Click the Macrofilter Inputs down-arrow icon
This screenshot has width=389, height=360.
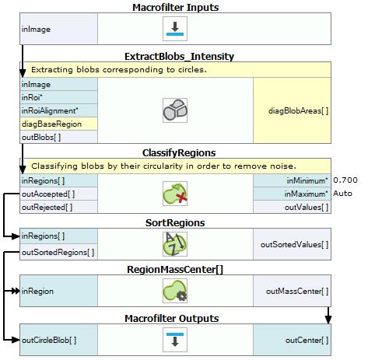coord(175,29)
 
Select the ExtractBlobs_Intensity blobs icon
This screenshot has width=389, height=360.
coord(175,110)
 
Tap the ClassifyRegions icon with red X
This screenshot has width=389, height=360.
coord(175,194)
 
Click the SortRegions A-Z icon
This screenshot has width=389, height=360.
coord(175,244)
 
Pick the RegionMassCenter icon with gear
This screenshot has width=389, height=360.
coord(175,291)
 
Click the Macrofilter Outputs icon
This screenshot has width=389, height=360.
coord(175,340)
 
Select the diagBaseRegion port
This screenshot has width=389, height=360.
coord(51,124)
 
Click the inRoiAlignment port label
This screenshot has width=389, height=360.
coord(50,110)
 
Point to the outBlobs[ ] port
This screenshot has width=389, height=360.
coord(41,137)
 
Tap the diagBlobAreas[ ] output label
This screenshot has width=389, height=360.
coord(298,111)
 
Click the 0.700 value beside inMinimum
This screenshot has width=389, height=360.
coord(345,180)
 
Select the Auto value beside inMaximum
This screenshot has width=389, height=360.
coord(342,194)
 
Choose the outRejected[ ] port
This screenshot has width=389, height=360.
coord(47,208)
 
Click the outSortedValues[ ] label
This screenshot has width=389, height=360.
coord(294,244)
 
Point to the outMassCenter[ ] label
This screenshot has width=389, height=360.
coord(297,292)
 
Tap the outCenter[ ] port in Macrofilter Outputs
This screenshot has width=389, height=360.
coord(307,340)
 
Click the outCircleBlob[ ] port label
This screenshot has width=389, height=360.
coord(49,340)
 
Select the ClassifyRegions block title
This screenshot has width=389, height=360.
coord(179,153)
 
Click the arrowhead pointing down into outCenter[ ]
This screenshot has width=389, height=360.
coord(328,320)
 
